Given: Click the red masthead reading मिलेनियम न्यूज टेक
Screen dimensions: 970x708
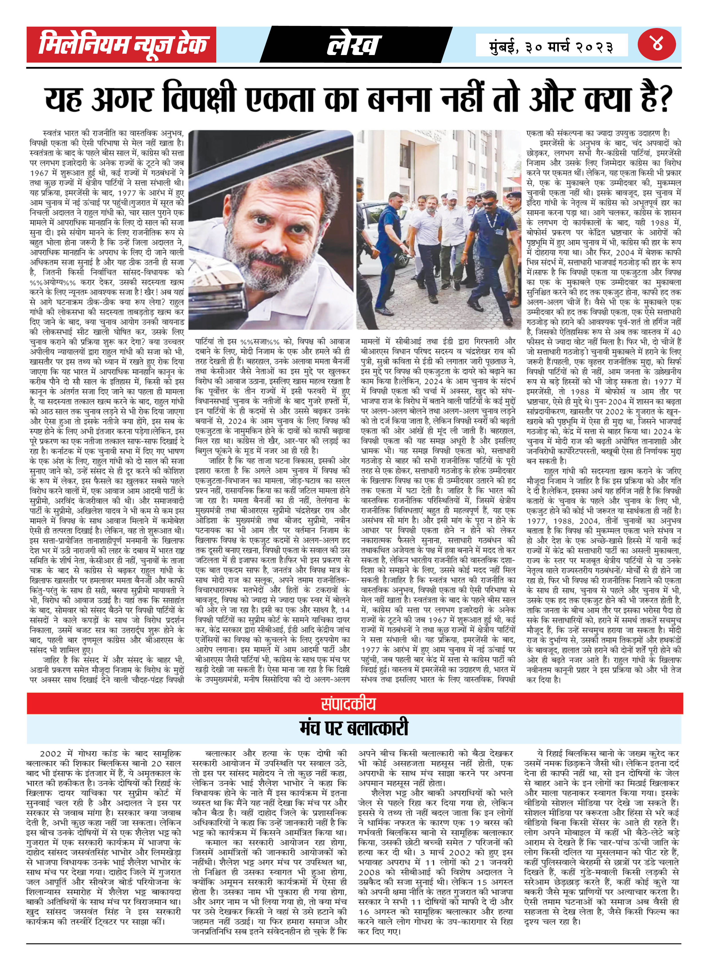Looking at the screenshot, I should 121,44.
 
